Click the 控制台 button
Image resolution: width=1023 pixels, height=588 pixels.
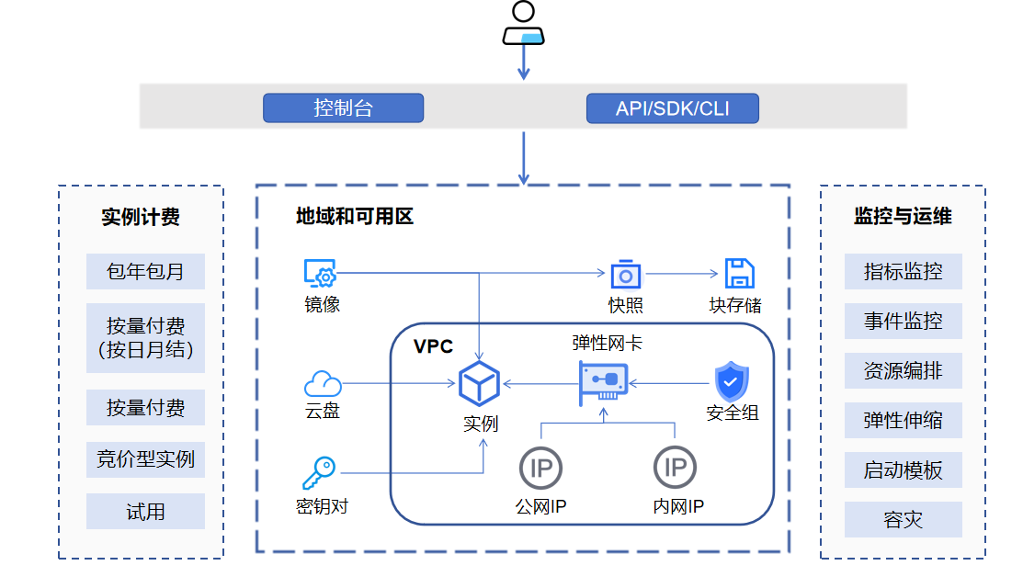tap(343, 108)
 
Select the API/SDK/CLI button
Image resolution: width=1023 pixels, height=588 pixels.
tap(672, 108)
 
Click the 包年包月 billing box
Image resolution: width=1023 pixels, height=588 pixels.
tap(145, 272)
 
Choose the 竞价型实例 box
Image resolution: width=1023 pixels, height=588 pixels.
tap(145, 458)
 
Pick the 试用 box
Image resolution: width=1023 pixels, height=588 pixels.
tap(145, 512)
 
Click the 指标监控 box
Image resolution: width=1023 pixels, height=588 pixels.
tap(903, 272)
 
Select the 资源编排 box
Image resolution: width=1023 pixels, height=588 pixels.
tap(903, 371)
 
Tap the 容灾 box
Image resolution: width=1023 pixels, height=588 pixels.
tap(903, 520)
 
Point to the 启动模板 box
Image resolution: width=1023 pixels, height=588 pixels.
tap(903, 470)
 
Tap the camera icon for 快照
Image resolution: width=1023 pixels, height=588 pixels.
tap(625, 274)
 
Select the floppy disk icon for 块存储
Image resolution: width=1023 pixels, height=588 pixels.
tap(739, 274)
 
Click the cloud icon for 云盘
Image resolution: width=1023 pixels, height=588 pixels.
tap(322, 383)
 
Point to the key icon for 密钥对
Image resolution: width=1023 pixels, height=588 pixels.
tap(319, 473)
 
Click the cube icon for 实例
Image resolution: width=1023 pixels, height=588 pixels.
tap(479, 383)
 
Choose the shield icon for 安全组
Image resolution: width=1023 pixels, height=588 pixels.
tap(732, 381)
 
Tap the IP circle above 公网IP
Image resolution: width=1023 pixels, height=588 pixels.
tap(540, 468)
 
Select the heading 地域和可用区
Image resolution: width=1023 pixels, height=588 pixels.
tap(355, 217)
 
